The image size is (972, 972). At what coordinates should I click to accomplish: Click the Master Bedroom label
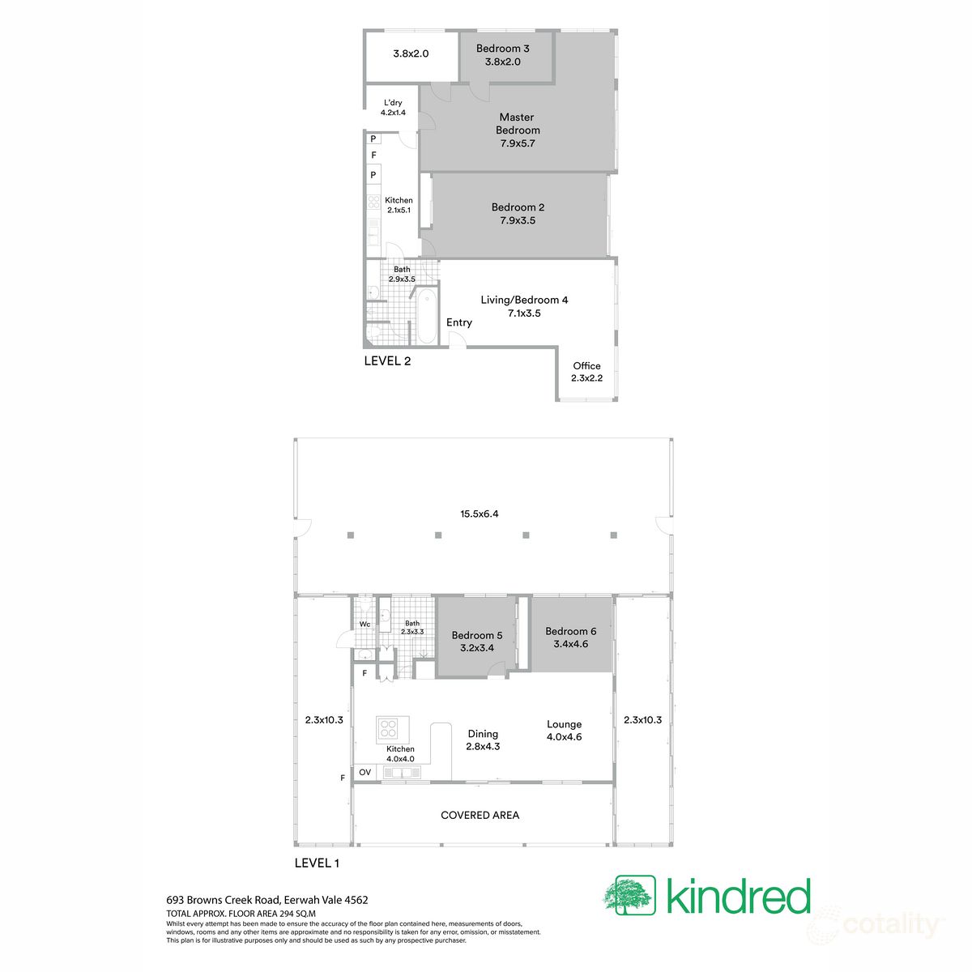coord(518,124)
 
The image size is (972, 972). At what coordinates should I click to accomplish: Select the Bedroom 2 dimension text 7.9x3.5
coord(518,220)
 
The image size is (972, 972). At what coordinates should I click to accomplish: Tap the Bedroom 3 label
coord(502,49)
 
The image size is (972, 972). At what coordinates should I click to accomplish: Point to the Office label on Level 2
coord(586,366)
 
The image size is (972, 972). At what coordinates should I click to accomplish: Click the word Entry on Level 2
coord(459,322)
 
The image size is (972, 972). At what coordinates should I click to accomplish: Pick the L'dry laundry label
coord(393,103)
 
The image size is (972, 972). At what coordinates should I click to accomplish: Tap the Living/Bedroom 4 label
coord(524,300)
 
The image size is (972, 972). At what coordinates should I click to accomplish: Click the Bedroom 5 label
coord(477,636)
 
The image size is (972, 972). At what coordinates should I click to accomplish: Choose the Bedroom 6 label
coord(570,631)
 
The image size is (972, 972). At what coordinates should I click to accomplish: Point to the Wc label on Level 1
coord(364,625)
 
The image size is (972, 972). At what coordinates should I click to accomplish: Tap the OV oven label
coord(364,773)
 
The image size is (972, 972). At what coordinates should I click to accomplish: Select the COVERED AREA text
coord(480,815)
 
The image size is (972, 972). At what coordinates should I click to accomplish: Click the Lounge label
coord(564,725)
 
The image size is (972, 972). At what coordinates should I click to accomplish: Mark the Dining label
coord(483,734)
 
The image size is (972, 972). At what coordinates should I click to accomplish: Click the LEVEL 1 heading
coord(316,863)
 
